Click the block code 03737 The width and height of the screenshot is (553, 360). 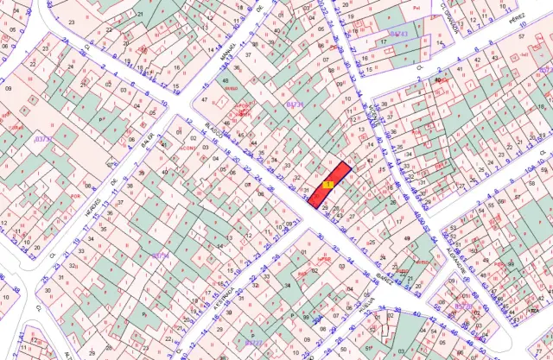[43, 138]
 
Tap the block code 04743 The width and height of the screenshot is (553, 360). [398, 34]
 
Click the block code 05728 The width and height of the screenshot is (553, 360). [464, 306]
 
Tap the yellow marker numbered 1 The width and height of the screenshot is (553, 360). [327, 184]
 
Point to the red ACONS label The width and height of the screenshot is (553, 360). [187, 147]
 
